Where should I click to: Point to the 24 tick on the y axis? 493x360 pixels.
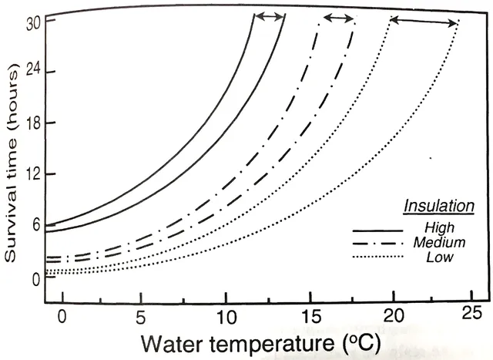(x=31, y=72)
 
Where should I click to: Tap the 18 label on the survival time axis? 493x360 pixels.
(x=31, y=123)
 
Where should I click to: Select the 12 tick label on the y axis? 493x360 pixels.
(x=31, y=175)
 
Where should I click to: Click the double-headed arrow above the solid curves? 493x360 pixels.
(x=270, y=16)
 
